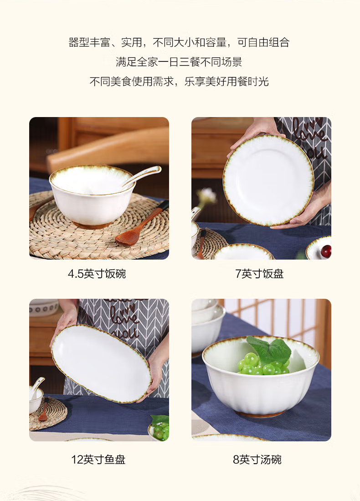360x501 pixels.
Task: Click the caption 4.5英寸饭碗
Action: tap(97, 274)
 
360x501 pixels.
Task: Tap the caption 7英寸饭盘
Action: tap(259, 274)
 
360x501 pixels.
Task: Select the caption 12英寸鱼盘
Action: tap(98, 460)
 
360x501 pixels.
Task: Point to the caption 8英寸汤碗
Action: tap(257, 460)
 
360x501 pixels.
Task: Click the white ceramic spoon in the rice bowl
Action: tap(141, 176)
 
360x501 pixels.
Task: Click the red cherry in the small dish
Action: tap(326, 251)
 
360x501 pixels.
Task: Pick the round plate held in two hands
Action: tap(268, 180)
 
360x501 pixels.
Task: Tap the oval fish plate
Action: tap(101, 363)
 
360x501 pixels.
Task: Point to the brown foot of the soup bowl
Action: tap(261, 414)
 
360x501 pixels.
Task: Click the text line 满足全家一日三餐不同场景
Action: tap(179, 62)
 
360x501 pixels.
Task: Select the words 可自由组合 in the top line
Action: tap(263, 42)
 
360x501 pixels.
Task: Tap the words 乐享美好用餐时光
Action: tap(226, 82)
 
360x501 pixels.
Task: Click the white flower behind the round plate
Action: tap(207, 195)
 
